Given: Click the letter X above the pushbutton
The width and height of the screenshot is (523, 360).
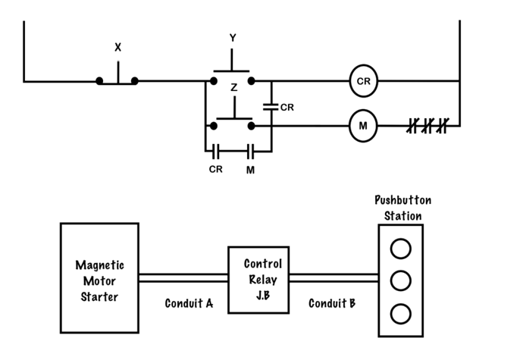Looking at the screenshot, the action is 117,48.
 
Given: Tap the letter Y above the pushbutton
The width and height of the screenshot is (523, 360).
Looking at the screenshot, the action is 233,38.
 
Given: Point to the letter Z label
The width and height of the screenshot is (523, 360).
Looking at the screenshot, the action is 234,87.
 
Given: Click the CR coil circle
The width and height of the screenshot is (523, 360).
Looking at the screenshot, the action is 364,81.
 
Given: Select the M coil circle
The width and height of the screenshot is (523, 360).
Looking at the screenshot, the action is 363,126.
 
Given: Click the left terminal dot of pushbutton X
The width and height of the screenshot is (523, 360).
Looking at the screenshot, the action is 99,81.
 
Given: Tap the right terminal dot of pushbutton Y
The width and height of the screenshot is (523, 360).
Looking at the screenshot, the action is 252,81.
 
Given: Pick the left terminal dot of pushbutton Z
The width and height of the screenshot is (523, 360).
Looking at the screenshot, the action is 214,126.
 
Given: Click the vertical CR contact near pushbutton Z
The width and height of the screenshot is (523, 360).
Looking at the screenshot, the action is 271,107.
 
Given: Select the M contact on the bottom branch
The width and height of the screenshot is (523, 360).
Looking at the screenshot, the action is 251,152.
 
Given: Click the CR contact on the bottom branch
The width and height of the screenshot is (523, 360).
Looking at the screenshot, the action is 216,152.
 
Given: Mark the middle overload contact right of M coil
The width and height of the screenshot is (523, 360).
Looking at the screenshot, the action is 428,126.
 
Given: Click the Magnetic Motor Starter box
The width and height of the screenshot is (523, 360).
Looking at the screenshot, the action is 100,278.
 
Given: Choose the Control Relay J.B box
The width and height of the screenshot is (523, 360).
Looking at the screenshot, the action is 258,280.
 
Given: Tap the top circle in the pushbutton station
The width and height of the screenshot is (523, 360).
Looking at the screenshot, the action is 401,249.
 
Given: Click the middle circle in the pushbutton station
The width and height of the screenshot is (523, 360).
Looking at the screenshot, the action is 401,280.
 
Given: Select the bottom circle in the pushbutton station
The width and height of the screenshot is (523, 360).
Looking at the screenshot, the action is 401,314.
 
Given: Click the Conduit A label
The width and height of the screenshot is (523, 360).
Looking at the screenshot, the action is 189,303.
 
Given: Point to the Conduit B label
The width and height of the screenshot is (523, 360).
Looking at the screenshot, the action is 332,303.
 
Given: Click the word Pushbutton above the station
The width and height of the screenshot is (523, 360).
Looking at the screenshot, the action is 403,200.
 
